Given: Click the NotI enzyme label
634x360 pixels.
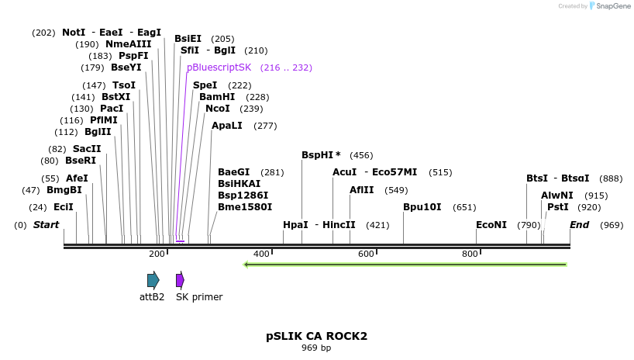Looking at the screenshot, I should point(74,33).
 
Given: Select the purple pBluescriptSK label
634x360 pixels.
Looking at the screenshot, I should point(219,67).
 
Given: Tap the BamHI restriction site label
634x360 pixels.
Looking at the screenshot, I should point(217,97).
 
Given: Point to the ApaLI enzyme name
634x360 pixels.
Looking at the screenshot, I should point(227,126).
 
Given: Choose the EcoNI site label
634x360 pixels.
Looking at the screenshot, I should point(491,225).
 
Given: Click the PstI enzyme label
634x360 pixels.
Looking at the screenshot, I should point(557,207).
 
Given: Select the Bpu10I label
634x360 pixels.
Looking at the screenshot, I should point(422,207).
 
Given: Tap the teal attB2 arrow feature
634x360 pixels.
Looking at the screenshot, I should point(153,280).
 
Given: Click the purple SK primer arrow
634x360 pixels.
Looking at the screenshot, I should point(180,280).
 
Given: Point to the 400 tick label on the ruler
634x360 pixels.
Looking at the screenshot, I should point(261,254).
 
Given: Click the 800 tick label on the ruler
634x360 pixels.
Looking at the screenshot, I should point(470,254).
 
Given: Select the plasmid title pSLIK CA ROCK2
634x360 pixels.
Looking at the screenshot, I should point(316,337).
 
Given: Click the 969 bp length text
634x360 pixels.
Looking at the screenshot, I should point(316,348).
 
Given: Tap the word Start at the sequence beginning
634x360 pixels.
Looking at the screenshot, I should point(46,225).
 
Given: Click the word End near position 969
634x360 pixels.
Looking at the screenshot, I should point(579,225).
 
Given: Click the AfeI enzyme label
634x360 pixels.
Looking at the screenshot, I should point(77,178).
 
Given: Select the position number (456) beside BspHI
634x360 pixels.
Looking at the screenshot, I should point(361,155).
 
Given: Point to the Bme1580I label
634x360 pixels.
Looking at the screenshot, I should point(245,207).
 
